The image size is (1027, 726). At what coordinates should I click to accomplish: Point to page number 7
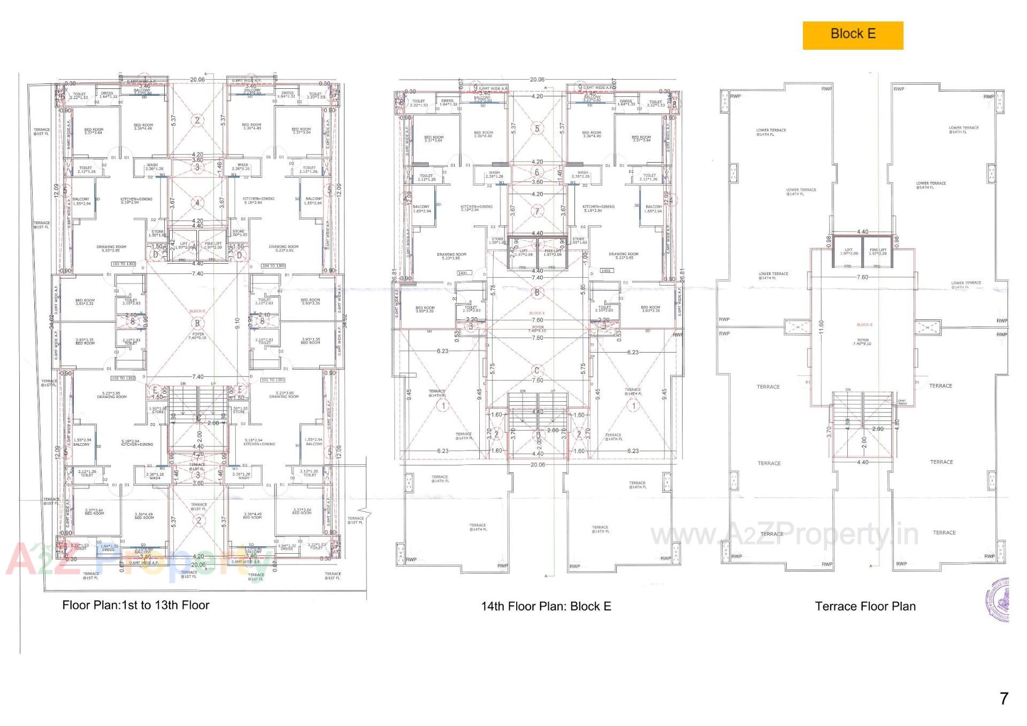tap(1003, 698)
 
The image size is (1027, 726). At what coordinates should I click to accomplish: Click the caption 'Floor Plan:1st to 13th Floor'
tap(135, 605)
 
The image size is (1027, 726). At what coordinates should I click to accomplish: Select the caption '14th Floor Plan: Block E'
tap(546, 606)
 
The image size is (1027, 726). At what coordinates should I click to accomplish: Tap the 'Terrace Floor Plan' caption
tap(865, 606)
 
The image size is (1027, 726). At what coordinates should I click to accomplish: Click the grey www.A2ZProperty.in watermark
tap(784, 534)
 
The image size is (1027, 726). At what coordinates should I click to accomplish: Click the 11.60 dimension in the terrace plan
tap(822, 326)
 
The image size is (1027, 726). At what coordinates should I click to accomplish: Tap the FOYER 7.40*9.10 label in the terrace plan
tap(863, 341)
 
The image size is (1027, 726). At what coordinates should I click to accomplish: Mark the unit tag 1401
tap(462, 273)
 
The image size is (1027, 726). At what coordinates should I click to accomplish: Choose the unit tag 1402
tap(606, 271)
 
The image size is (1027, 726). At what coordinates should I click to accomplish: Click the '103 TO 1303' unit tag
tap(124, 264)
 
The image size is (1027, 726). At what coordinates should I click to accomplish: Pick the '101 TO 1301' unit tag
tap(273, 380)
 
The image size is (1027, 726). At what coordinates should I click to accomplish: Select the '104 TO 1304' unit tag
tap(273, 265)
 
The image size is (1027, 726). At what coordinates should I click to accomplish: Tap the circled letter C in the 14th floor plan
tap(537, 370)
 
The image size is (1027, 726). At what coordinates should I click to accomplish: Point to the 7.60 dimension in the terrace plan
tap(862, 277)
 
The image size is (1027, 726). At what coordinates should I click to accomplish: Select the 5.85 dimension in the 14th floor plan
tap(583, 288)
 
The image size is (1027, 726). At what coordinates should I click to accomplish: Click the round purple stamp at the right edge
tap(998, 599)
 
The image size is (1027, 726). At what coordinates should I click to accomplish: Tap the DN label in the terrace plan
tap(848, 389)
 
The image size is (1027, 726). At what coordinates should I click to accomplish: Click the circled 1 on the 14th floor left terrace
tap(443, 406)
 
